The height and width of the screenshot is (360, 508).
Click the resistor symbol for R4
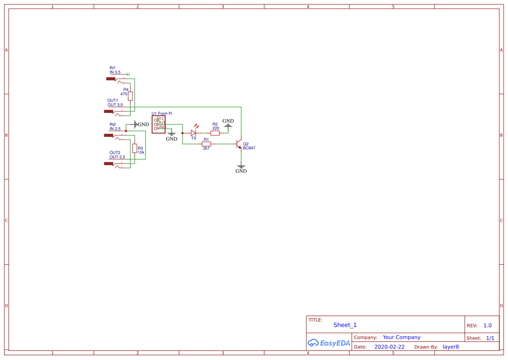[x=130, y=96]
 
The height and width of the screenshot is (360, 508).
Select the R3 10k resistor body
[x=135, y=148]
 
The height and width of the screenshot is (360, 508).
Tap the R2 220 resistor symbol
[x=215, y=133]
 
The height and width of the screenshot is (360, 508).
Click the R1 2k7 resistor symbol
[x=206, y=143]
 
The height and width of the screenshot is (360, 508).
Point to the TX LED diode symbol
[x=194, y=133]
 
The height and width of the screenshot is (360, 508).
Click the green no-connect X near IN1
[x=128, y=74]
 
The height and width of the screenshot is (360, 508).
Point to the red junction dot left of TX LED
[x=183, y=133]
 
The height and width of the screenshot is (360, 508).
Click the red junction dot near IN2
[x=126, y=130]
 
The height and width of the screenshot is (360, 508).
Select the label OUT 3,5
[x=115, y=105]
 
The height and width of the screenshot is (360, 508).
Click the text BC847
[x=249, y=148]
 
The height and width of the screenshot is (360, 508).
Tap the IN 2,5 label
[x=115, y=129]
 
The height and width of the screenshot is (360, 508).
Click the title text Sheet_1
[x=345, y=325]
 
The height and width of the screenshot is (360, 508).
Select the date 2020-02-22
[x=389, y=347]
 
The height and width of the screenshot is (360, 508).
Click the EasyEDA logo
[x=329, y=343]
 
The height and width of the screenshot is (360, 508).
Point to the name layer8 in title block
[x=451, y=347]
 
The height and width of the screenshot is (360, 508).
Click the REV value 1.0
[x=488, y=326]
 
